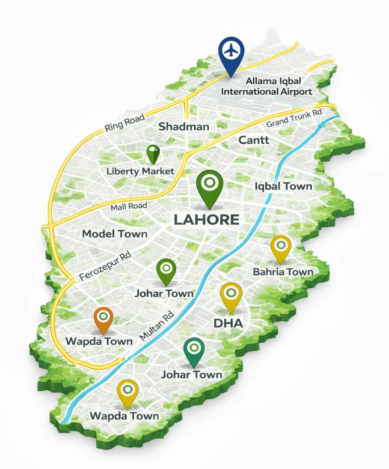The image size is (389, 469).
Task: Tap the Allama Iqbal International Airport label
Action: pos(267,86)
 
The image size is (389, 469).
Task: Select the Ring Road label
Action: pos(124,123)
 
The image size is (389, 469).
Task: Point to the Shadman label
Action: pos(184,127)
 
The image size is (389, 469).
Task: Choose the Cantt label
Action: pos(254,141)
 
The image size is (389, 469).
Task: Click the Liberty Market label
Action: pos(140,171)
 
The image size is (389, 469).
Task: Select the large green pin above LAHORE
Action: pos(209,185)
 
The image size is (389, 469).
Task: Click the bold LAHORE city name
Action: pos(206,219)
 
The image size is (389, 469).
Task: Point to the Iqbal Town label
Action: pos(283,186)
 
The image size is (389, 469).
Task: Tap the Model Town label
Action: pos(115,234)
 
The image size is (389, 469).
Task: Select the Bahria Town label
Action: pos(283,272)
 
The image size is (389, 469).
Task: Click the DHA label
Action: pos(228,323)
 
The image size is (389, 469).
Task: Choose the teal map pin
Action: pos(194,350)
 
